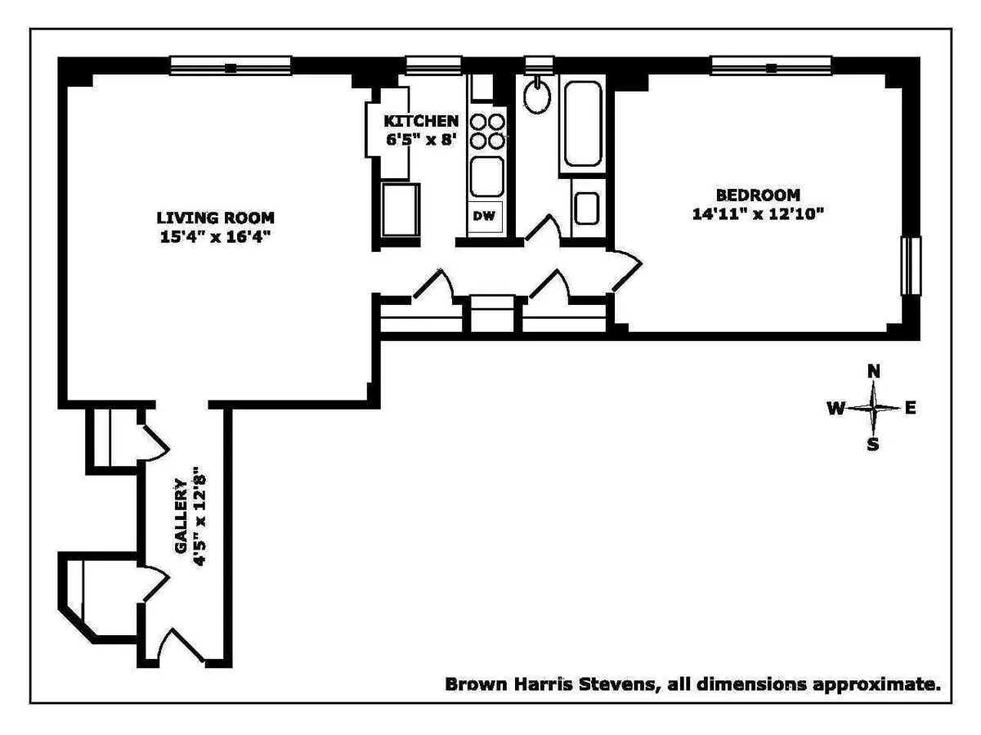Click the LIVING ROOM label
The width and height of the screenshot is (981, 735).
216,217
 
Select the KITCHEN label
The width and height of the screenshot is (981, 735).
421,121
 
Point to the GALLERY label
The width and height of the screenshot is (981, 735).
181,517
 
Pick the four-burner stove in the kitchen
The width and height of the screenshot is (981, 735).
487,132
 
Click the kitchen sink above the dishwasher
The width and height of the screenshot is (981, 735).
487,174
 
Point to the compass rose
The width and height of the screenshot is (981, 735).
874,407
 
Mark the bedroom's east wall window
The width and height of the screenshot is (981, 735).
910,266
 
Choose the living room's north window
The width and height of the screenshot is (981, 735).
231,65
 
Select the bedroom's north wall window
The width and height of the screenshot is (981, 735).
771,65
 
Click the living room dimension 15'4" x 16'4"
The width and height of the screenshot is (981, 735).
216,238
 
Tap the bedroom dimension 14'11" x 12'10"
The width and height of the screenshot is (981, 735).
757,214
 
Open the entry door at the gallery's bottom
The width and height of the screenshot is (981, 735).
181,646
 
